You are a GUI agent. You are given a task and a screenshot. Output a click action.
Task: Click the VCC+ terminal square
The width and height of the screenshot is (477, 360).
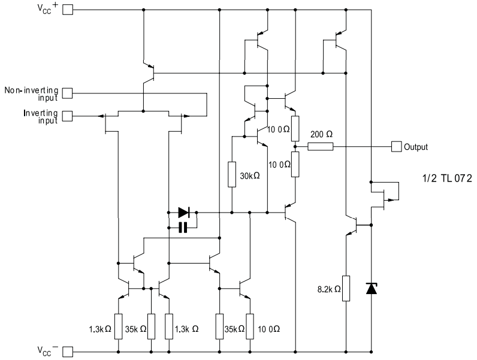[x=68, y=10]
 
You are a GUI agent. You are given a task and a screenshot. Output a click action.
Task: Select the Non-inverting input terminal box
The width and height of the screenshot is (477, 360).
[x=68, y=93]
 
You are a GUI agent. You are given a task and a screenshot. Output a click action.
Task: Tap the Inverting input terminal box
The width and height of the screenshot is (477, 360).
[x=68, y=114]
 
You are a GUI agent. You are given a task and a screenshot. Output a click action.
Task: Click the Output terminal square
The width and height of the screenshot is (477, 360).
[x=396, y=146]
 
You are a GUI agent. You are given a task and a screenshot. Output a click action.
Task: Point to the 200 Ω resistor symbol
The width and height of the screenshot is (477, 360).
[x=320, y=146]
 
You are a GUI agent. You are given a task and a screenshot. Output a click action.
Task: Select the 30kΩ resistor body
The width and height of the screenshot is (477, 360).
[x=232, y=174]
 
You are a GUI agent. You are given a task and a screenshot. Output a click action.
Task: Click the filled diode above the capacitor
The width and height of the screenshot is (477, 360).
[x=184, y=212]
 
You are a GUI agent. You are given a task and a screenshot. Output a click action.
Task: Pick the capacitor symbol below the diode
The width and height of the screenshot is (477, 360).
[x=183, y=226]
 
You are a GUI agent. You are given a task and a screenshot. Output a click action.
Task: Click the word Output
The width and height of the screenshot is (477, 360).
[x=416, y=147]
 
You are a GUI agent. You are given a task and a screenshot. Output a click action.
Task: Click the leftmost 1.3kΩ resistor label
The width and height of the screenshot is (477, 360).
[x=99, y=329]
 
